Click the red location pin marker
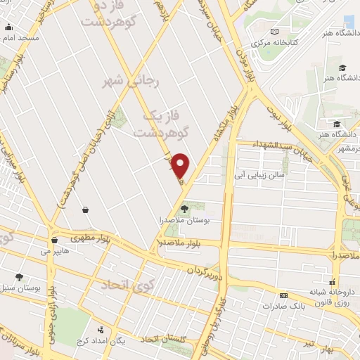click(x=181, y=165)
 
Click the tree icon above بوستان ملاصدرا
click(x=184, y=208)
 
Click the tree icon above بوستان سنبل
click(x=18, y=277)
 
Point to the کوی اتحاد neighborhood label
click(x=127, y=285)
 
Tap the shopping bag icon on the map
click(x=85, y=209)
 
